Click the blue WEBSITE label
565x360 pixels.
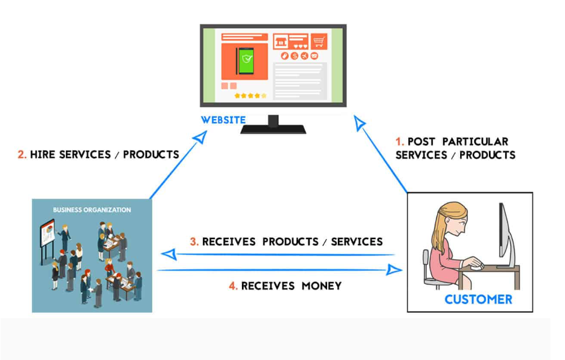point(223,120)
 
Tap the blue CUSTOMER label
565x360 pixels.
point(478,299)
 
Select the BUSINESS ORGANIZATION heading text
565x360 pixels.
point(92,209)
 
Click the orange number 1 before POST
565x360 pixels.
point(399,142)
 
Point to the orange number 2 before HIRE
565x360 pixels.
point(22,155)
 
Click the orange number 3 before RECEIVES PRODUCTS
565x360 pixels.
point(194,242)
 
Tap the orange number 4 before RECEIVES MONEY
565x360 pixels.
point(233,286)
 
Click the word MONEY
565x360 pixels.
point(321,286)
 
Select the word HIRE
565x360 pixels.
point(41,155)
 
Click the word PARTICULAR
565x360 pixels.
point(475,142)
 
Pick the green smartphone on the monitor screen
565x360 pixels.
point(245,61)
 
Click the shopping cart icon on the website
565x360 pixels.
point(319,42)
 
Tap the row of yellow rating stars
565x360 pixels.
point(250,95)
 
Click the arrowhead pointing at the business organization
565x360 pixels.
point(169,254)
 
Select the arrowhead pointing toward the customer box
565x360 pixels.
point(394,270)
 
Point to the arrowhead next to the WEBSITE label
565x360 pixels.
point(200,137)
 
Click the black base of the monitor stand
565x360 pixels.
point(273,129)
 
